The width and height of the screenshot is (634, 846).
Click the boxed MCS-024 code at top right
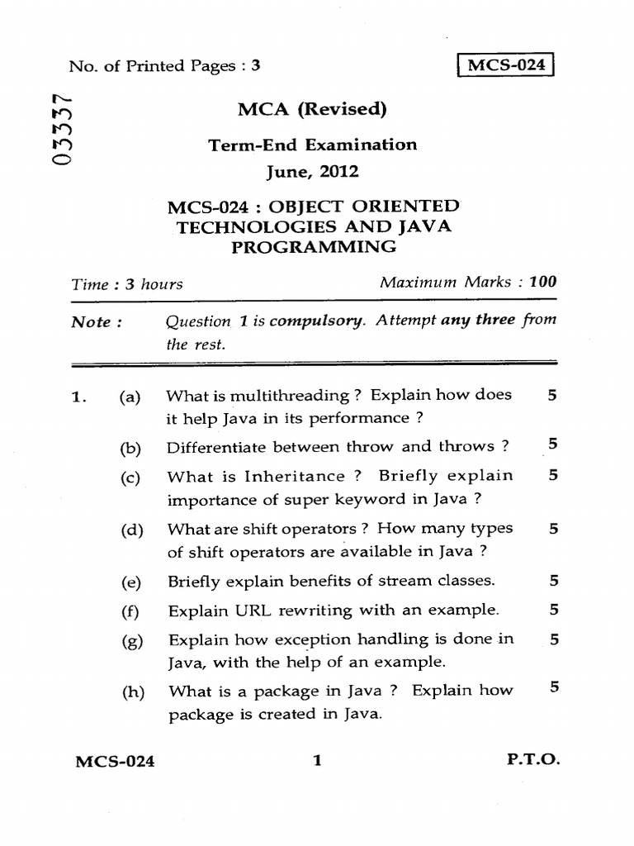[x=507, y=65]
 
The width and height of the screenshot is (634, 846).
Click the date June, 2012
[x=312, y=173]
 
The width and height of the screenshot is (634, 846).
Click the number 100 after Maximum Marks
[x=543, y=282]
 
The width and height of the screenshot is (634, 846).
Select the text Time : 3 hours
[x=126, y=284]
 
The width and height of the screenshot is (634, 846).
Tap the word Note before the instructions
[x=91, y=322]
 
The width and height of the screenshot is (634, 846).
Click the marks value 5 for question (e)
[x=553, y=581]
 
